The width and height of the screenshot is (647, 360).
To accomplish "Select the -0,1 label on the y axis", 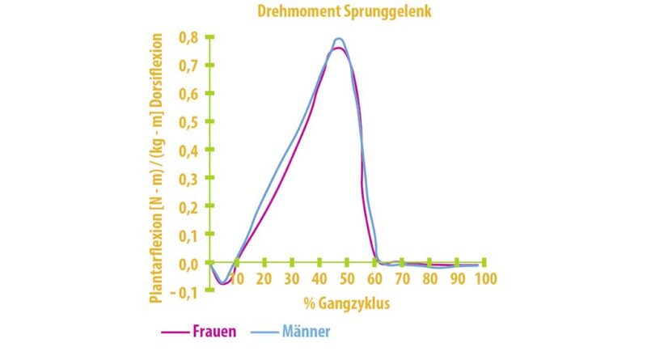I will tap(188, 291).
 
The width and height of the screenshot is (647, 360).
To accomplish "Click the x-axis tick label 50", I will tap(347, 278).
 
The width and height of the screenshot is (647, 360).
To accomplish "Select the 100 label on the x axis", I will tap(484, 278).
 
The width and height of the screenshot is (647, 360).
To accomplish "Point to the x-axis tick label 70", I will tap(402, 278).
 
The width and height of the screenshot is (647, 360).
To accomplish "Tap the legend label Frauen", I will tap(216, 332).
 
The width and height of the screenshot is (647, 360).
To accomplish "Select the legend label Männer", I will tap(307, 332).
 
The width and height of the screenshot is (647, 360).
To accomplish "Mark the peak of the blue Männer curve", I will tap(339, 38).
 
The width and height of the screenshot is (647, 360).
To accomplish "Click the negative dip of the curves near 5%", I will tap(222, 283).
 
